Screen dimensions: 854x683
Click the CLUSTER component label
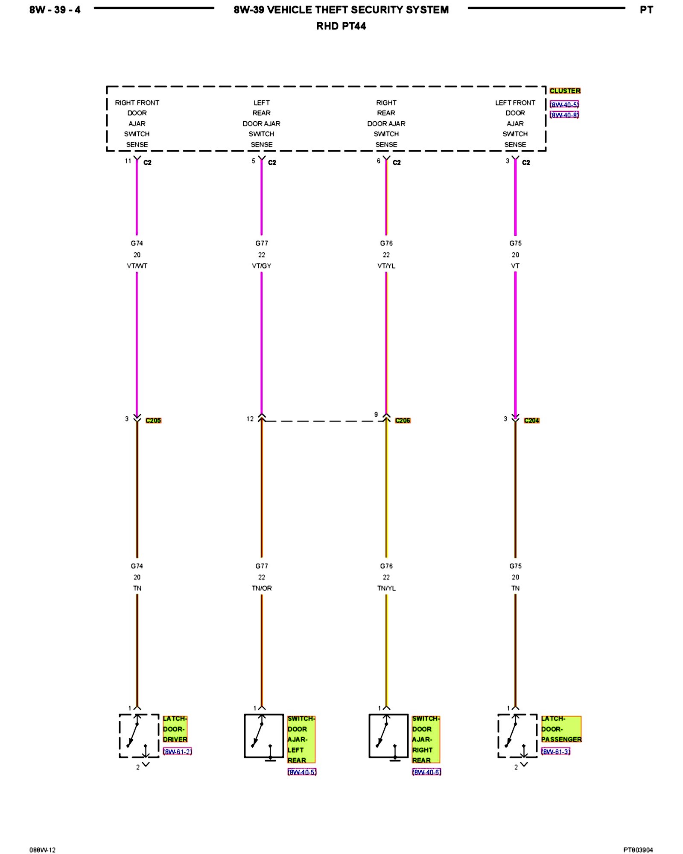click(565, 91)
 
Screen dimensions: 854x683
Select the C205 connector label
click(153, 421)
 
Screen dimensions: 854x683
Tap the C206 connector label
click(403, 421)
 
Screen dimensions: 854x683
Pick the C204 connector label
click(531, 421)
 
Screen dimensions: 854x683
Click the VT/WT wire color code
click(137, 266)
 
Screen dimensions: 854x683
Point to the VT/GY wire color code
click(262, 266)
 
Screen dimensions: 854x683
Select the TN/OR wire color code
click(262, 588)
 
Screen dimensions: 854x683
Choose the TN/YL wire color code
click(386, 588)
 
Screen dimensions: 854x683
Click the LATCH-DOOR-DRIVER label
click(175, 729)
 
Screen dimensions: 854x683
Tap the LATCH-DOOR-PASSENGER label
click(561, 729)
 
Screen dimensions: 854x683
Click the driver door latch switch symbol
click(139, 736)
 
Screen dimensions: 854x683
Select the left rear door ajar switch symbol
click(264, 736)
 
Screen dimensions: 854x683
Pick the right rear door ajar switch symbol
click(388, 736)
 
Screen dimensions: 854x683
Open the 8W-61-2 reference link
click(178, 752)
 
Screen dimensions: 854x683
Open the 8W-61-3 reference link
click(556, 752)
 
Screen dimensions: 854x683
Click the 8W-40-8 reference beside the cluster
click(564, 115)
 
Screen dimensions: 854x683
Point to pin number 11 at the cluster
click(128, 161)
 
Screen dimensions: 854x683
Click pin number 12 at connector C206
click(250, 419)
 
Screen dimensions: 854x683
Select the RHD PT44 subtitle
click(341, 26)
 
